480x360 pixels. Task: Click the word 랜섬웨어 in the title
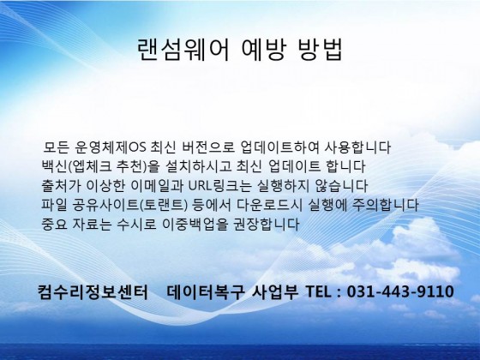tap(183, 50)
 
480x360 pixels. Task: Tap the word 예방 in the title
tap(264, 50)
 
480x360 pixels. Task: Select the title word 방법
tap(320, 50)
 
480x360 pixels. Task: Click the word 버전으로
tap(208, 147)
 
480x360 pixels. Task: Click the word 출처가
tap(62, 186)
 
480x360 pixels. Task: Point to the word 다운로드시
tap(269, 205)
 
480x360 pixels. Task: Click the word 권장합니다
tap(267, 225)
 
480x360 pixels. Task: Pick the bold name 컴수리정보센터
tap(93, 291)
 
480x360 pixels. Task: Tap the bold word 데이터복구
tap(206, 291)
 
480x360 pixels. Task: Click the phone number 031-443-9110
tap(400, 291)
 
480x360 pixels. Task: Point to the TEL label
tap(318, 291)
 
